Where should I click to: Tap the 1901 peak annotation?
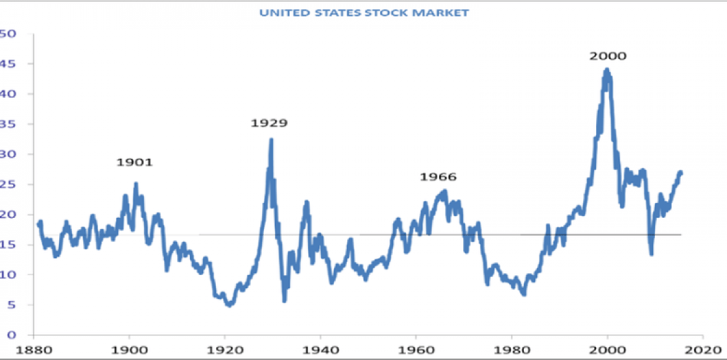134,162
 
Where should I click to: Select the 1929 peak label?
269,122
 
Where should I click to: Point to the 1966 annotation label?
438,177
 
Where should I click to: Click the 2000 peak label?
608,56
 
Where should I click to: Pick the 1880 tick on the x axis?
34,350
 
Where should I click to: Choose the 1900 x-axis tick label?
129,350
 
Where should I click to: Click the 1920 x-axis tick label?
225,350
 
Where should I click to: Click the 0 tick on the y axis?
10,334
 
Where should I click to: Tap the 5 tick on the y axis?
10,304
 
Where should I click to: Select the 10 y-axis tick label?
8,274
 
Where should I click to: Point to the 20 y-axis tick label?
8,214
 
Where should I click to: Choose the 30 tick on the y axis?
8,154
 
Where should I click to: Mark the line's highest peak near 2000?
606,69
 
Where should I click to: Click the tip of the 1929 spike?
271,139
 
